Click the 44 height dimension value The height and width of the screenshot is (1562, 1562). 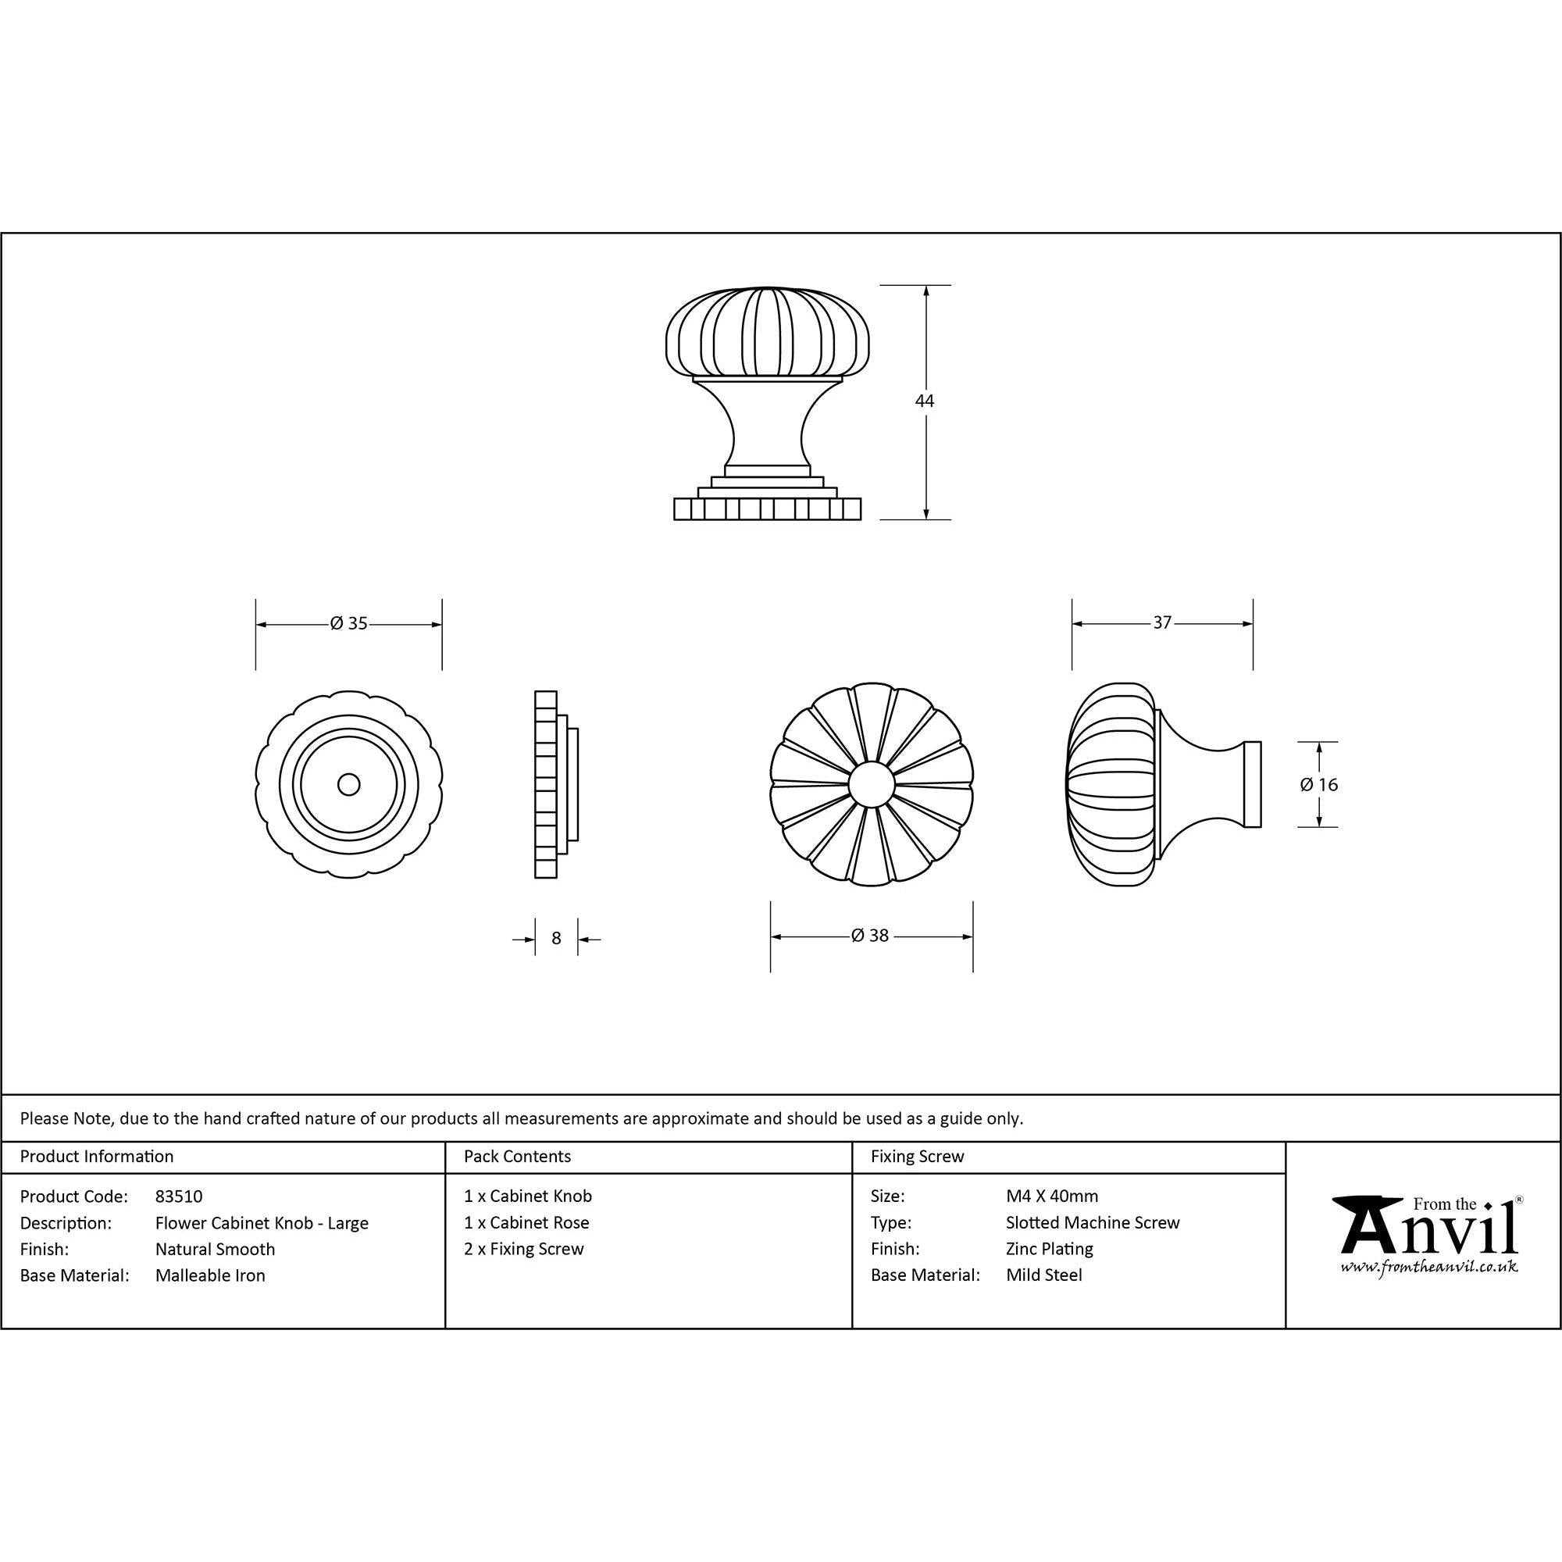(924, 401)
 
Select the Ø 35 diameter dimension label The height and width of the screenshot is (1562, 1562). (348, 623)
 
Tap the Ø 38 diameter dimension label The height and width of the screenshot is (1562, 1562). (870, 936)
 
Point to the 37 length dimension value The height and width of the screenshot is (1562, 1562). (1162, 622)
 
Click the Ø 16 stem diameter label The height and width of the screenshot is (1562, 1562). (1318, 784)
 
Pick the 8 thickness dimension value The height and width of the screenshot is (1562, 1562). (556, 939)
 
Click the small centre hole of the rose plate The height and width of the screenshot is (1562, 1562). (349, 784)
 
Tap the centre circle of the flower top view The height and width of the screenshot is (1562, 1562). (872, 784)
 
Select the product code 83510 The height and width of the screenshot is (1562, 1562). (179, 1196)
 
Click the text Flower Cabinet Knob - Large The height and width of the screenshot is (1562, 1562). (262, 1223)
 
